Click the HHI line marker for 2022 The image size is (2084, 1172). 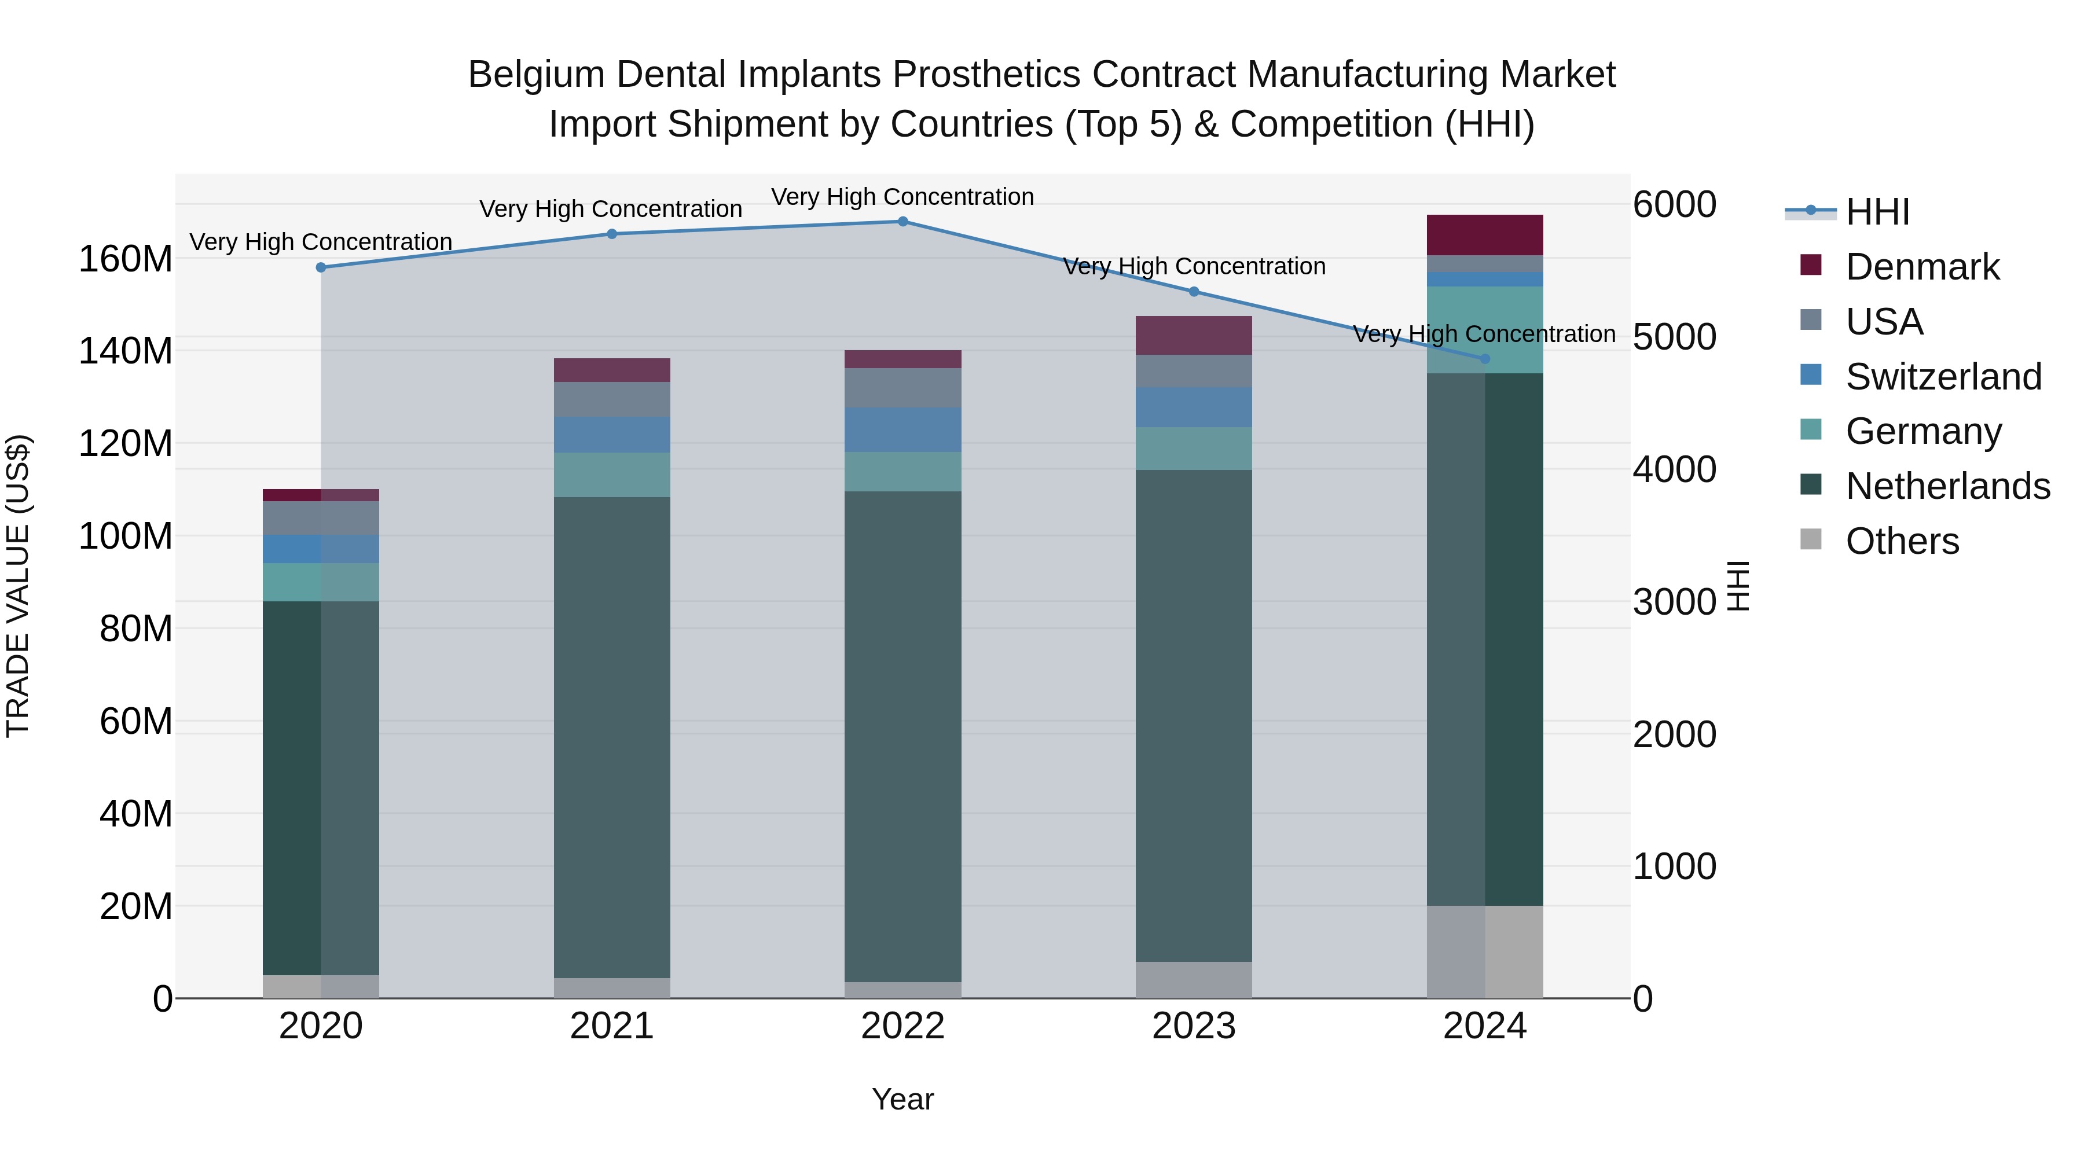[903, 222]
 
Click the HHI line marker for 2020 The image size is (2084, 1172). [321, 268]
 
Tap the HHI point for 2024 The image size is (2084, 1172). [1484, 359]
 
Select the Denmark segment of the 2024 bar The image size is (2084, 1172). [1484, 236]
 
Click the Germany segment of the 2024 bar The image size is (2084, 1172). [1484, 330]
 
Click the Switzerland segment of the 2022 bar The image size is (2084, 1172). [903, 430]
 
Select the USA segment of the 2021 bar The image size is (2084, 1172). [612, 399]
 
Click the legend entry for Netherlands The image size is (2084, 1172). [1947, 487]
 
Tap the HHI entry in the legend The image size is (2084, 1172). [1877, 212]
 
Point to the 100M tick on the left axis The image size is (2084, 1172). [126, 537]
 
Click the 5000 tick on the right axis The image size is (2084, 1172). [1674, 337]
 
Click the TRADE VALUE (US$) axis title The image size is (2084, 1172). [19, 586]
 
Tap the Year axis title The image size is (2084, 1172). [903, 1100]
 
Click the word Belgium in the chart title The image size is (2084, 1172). [537, 75]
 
